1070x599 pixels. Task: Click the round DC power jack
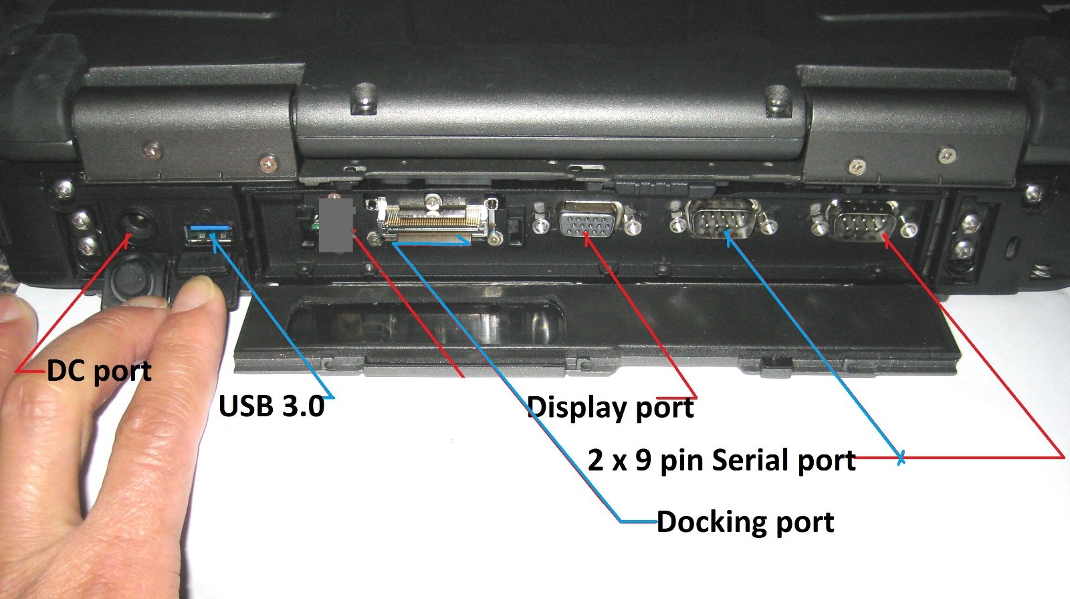click(136, 224)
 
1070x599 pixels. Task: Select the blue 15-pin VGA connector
click(588, 219)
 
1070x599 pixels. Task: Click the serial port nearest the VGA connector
click(722, 219)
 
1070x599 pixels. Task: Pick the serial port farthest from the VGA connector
click(862, 221)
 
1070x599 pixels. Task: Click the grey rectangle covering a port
click(336, 225)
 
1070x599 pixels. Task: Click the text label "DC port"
click(99, 371)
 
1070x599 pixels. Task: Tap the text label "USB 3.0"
click(272, 406)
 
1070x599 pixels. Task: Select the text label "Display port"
click(611, 408)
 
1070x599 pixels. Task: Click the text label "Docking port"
click(745, 521)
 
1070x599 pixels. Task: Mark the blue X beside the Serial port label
click(901, 458)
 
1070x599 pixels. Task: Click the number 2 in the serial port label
click(596, 460)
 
